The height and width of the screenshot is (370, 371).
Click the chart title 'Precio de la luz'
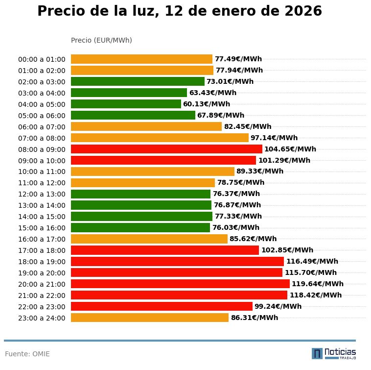pos(180,11)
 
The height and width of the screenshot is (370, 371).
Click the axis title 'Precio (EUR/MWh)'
pos(101,40)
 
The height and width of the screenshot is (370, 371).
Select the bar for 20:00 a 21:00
pos(180,284)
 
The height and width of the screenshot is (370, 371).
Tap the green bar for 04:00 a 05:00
pos(126,104)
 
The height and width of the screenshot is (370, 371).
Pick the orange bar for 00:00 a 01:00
pos(141,59)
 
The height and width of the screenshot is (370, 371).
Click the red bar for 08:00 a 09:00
pos(166,149)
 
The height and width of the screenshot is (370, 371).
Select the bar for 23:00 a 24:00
pos(150,318)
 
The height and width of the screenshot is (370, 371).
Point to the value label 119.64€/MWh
pos(318,284)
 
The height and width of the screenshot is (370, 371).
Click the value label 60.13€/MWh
pos(207,104)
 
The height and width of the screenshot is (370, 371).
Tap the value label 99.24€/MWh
pos(278,306)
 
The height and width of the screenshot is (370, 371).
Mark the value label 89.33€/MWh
pos(260,172)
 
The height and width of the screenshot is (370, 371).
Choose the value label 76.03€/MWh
pos(236,227)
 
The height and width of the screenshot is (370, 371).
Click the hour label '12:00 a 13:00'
pos(42,194)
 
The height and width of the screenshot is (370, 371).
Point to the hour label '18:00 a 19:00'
pos(42,262)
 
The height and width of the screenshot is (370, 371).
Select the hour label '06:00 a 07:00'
pos(42,127)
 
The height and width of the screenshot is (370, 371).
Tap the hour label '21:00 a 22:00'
pos(42,296)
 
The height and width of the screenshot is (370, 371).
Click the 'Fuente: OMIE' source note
pos(27,354)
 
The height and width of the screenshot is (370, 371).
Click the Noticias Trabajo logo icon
pos(317,353)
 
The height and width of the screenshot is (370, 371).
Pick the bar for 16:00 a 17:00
pos(149,239)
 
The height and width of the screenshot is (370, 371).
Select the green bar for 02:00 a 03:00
pos(138,81)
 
